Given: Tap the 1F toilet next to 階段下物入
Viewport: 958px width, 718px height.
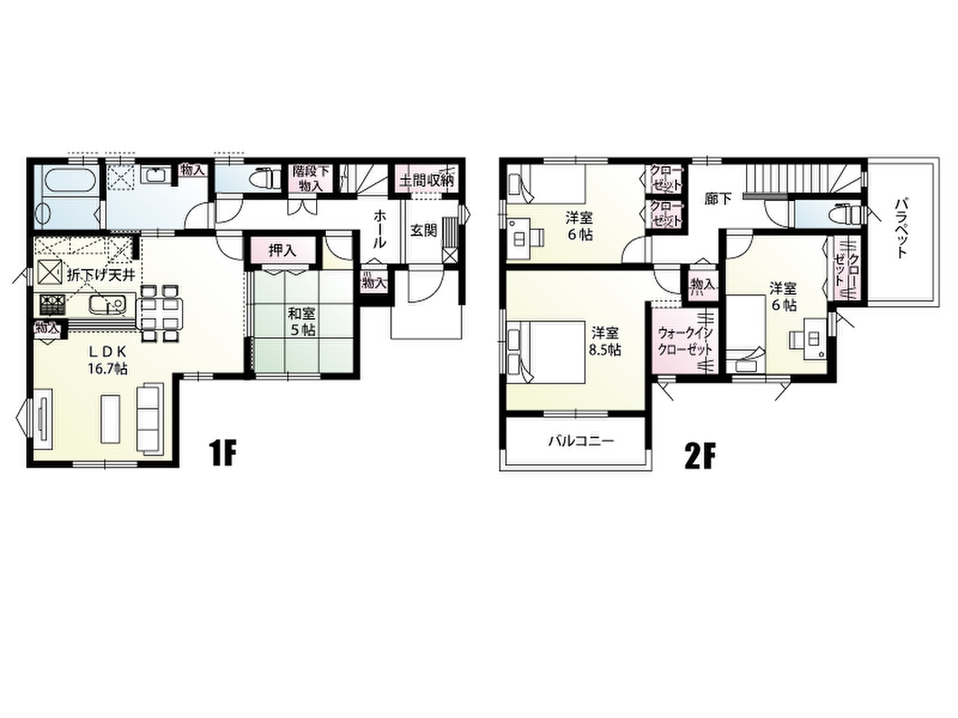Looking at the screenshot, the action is [263, 175].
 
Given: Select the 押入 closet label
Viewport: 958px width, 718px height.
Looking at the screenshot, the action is [283, 250].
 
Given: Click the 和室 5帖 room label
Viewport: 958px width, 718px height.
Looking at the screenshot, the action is [302, 322].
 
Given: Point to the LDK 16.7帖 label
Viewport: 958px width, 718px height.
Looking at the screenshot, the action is [108, 360].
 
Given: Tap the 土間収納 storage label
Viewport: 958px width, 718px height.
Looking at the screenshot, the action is [427, 180].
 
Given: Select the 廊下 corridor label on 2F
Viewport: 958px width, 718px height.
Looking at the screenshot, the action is [718, 199].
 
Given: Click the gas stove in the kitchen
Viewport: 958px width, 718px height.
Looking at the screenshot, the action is [53, 303].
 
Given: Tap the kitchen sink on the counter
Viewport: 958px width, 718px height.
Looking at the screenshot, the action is [108, 303].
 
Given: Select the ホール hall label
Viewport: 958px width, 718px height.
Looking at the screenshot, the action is [380, 228].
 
